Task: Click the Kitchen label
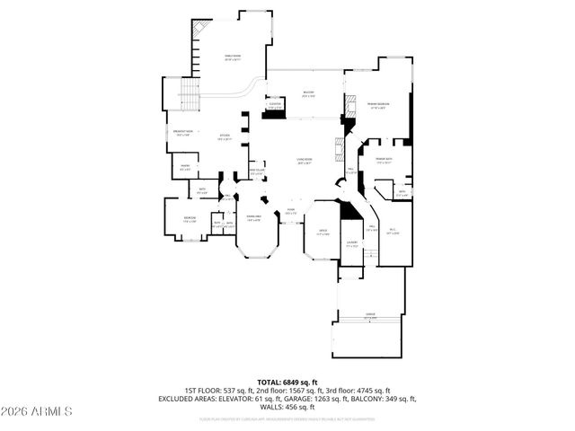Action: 225,137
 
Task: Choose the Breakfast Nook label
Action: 182,134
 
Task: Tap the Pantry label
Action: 185,166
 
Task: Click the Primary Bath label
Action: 385,162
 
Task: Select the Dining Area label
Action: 254,217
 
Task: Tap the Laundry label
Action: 352,242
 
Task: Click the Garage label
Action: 369,315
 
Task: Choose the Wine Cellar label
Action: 256,172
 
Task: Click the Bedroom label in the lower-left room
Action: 190,218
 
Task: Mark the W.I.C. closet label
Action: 393,232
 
